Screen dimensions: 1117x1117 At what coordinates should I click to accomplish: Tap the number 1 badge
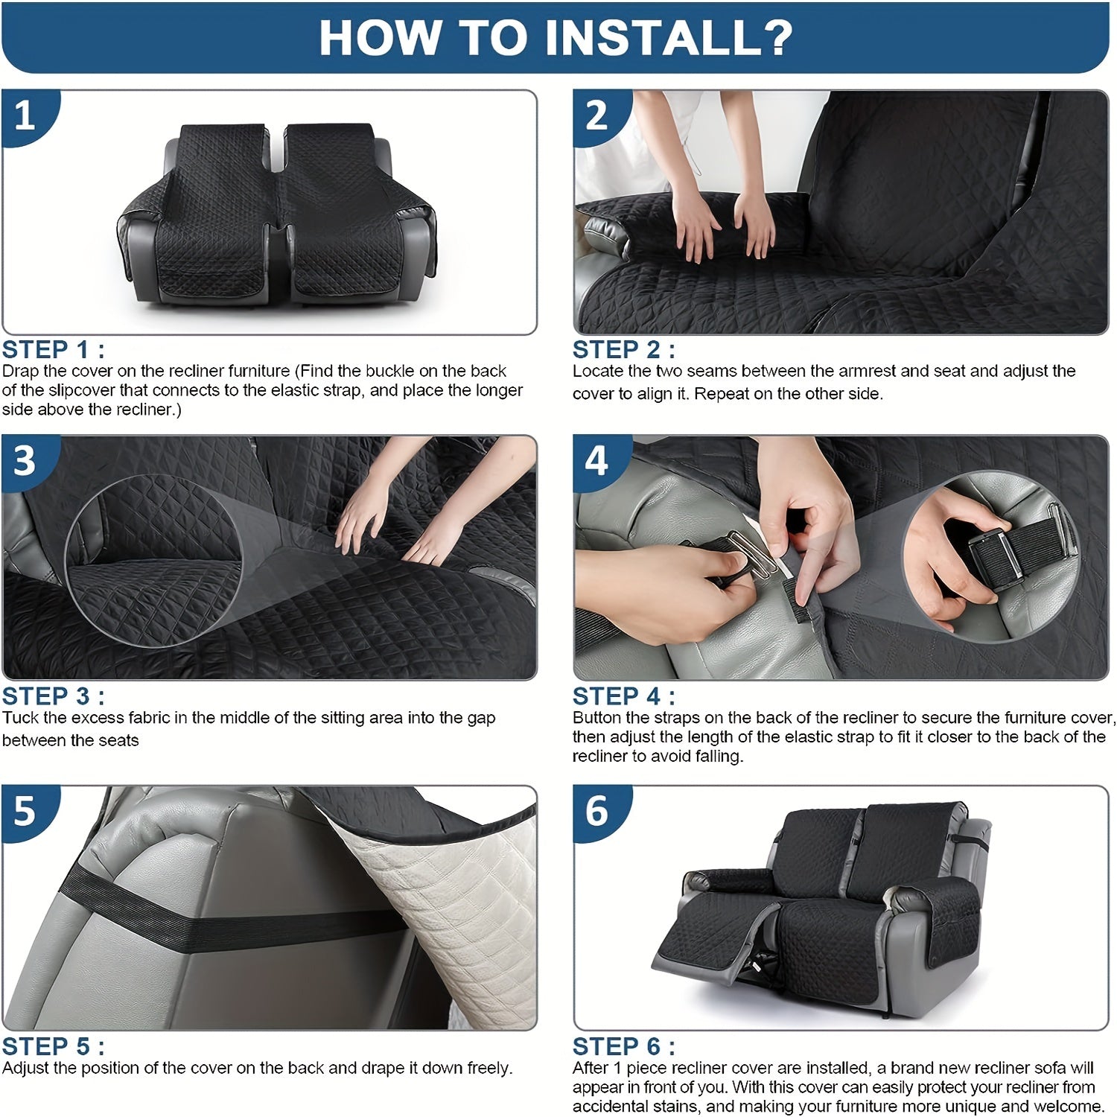coord(26,115)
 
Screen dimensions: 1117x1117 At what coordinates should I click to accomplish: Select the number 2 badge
coord(598,115)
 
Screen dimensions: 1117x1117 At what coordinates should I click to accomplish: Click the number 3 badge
coord(26,461)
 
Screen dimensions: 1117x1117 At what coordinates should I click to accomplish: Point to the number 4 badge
coord(598,461)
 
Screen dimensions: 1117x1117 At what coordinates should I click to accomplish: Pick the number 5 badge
coord(26,811)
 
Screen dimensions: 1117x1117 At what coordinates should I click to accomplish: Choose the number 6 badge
coord(598,811)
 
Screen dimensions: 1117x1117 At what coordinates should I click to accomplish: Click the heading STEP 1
coord(53,349)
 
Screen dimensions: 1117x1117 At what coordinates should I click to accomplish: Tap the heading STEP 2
coord(624,349)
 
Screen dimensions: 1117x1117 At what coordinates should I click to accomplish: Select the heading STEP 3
coord(53,696)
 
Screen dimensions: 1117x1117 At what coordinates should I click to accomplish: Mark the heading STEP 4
coord(624,696)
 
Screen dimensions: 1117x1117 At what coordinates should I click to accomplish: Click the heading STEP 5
coord(53,1046)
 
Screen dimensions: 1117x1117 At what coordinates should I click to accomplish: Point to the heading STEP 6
coord(624,1046)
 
